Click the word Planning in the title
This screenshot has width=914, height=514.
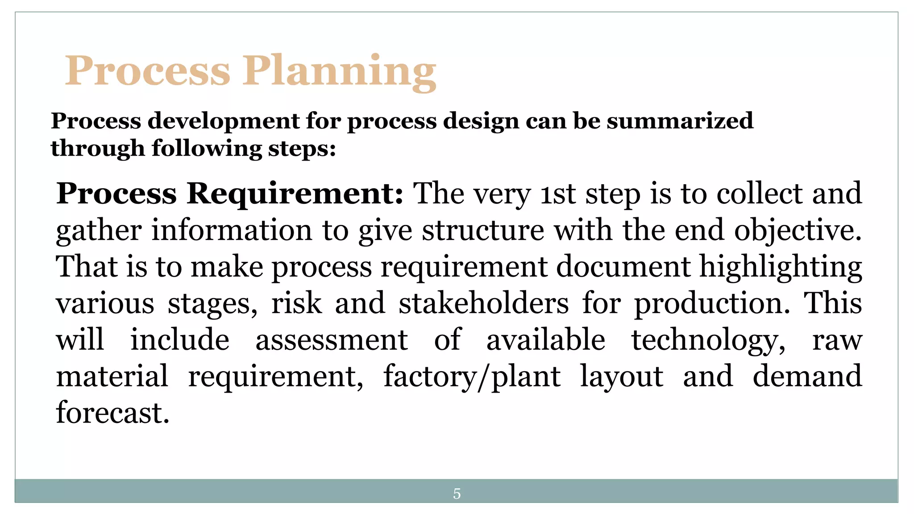point(339,71)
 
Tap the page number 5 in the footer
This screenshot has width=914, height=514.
point(457,493)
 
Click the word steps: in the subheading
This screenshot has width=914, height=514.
point(302,149)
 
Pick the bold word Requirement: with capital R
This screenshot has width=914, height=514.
point(295,194)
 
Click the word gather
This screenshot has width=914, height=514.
point(99,231)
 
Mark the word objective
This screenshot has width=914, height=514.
point(798,231)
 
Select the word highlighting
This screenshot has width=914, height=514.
point(781,267)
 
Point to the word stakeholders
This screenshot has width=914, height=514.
point(484,303)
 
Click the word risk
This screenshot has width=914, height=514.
point(296,303)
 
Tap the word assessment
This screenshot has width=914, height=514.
point(332,340)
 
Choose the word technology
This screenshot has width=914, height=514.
point(708,340)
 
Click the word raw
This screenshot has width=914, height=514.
point(837,340)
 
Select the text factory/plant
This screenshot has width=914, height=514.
point(472,377)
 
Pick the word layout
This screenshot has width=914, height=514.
point(622,377)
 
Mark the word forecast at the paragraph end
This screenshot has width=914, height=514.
point(112,413)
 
